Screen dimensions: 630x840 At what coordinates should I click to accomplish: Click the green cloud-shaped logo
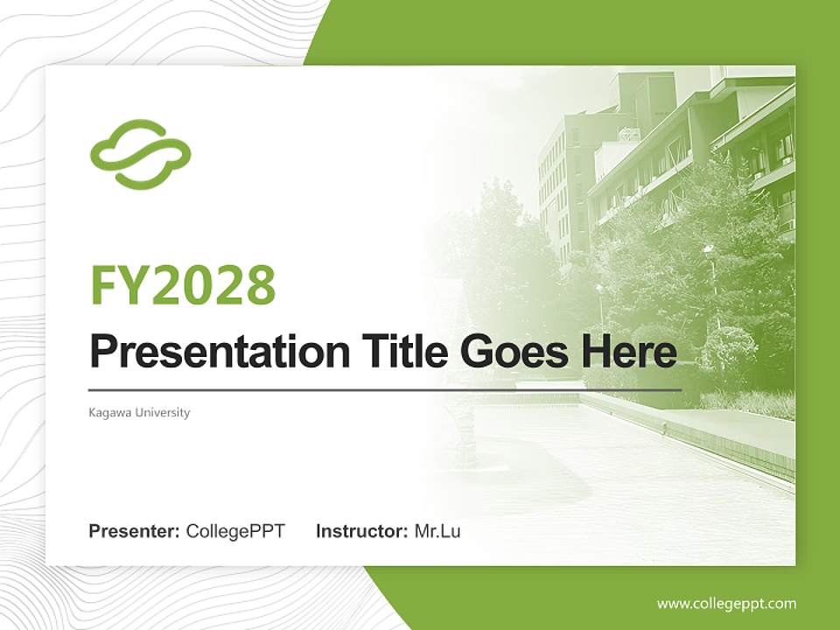click(140, 155)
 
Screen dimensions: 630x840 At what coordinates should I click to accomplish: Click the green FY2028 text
click(183, 284)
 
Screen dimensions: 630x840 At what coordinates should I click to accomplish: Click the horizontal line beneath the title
click(385, 389)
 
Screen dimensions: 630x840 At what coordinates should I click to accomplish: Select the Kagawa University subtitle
click(139, 412)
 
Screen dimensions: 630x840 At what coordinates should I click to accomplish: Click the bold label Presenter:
click(135, 531)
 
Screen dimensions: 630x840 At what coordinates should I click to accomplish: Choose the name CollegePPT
click(235, 531)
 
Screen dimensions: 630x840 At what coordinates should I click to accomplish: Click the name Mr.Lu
click(437, 531)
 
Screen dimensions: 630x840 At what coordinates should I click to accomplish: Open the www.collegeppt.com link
click(726, 603)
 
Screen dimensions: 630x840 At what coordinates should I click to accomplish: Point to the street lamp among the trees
click(709, 262)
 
